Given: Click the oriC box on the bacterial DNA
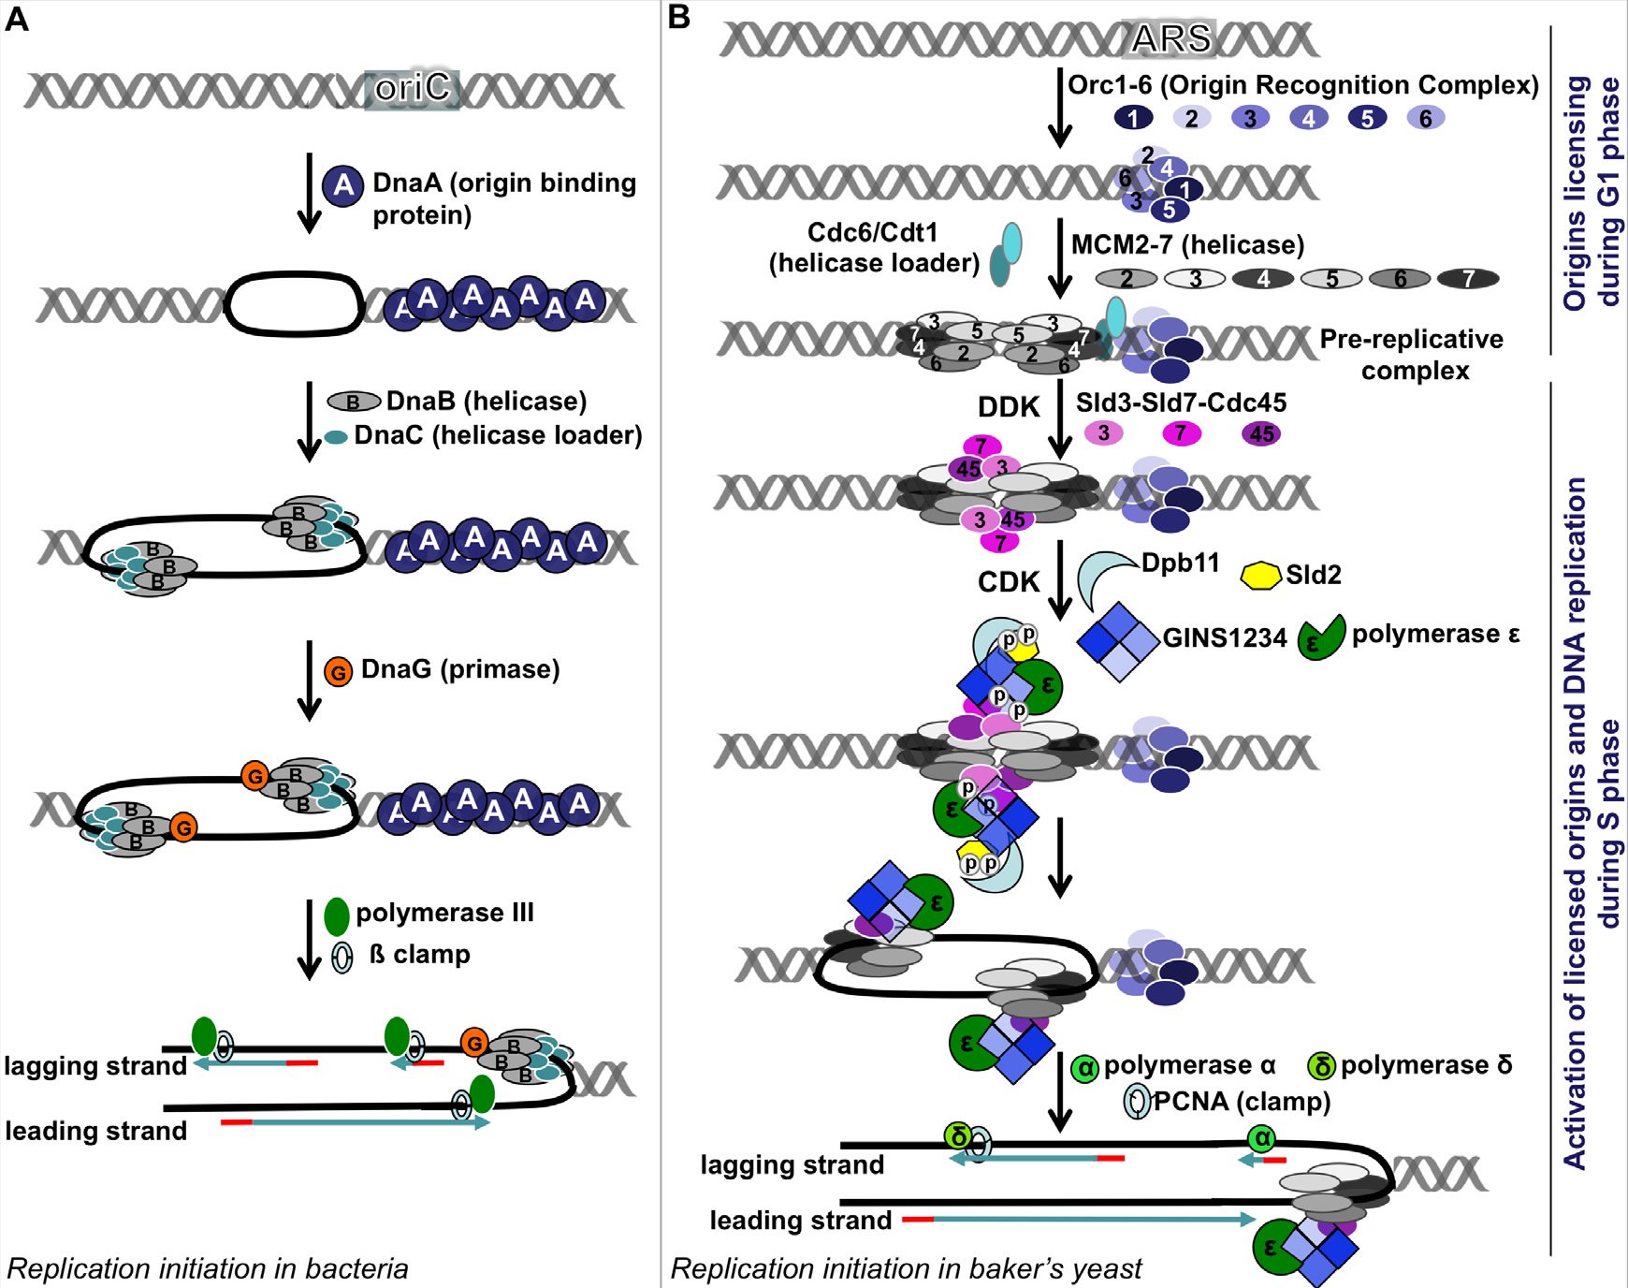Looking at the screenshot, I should [413, 89].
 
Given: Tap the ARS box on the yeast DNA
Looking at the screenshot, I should [1170, 39].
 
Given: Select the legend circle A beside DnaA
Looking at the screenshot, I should [343, 185].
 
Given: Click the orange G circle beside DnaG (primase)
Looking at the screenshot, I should [338, 671].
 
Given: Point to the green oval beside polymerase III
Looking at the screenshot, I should [336, 916].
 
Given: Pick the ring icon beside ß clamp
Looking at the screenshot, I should [342, 957].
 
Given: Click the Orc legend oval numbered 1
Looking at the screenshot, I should [1133, 118].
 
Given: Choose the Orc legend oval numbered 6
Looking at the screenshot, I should [1425, 118].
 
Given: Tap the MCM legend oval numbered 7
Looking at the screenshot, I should [1468, 278].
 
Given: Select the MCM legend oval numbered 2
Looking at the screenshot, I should [1126, 278].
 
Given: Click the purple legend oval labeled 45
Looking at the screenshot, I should [1261, 433].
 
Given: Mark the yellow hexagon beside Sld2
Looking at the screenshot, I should [1259, 575].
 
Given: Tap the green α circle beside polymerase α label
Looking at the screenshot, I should [1084, 1068].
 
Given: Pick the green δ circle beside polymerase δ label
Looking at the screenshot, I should [1322, 1066].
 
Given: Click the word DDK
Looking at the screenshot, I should [1008, 407].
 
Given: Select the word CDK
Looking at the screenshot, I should [1008, 582].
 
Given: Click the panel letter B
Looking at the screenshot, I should [679, 17].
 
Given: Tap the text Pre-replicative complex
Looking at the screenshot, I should [1412, 355].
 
